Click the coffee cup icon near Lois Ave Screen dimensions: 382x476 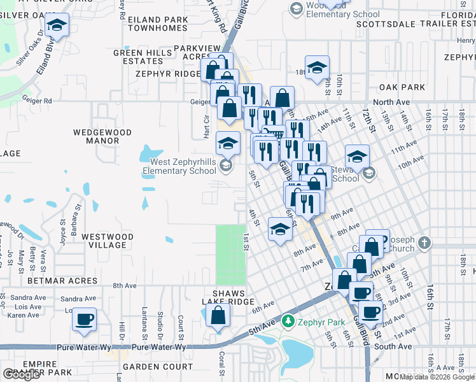point(83,319)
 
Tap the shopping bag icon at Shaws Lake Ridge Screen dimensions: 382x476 point(218,315)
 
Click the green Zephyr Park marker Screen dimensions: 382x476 point(288,322)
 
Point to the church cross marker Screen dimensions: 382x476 point(424,243)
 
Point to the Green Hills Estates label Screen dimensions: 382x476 point(139,57)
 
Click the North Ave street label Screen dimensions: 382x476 point(392,102)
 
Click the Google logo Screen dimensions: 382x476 point(22,374)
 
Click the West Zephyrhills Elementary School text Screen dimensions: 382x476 point(179,166)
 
